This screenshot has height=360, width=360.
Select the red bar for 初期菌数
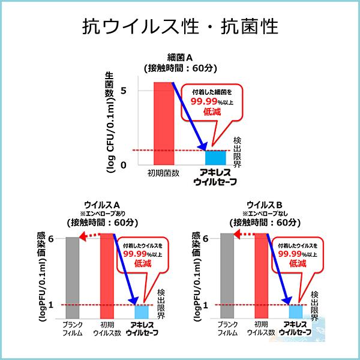click(x=164, y=123)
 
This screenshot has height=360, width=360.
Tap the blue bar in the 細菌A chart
click(x=215, y=157)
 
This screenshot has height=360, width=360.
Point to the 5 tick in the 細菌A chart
click(x=124, y=90)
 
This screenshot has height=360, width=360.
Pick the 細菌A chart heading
click(x=179, y=58)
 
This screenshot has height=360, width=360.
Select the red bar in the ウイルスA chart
click(x=107, y=276)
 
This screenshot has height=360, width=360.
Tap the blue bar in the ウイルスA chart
click(x=142, y=312)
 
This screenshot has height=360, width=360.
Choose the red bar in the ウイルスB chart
click(x=262, y=276)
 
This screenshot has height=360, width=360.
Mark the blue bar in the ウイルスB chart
click(x=296, y=312)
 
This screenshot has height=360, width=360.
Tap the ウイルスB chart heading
click(x=264, y=203)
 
